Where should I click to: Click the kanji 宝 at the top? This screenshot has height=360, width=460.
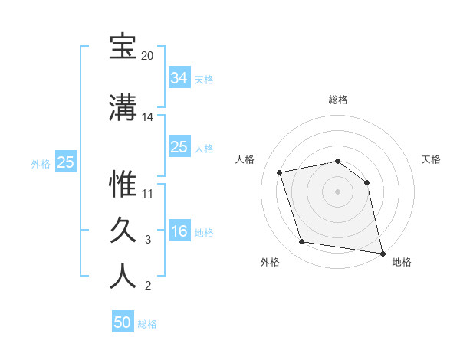pyautogui.click(x=123, y=47)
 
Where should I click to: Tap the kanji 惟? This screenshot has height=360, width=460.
pyautogui.click(x=123, y=185)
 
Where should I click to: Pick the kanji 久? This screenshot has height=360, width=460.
pyautogui.click(x=123, y=231)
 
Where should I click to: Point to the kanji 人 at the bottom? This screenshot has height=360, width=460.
pyautogui.click(x=123, y=277)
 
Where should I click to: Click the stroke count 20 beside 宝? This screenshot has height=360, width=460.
pyautogui.click(x=147, y=57)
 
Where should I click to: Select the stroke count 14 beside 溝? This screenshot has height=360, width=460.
pyautogui.click(x=147, y=118)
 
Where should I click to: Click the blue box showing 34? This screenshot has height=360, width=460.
pyautogui.click(x=179, y=77)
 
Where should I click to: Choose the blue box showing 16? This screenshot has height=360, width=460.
pyautogui.click(x=179, y=231)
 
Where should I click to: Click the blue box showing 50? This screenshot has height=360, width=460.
pyautogui.click(x=123, y=322)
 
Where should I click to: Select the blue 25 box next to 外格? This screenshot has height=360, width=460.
pyautogui.click(x=65, y=162)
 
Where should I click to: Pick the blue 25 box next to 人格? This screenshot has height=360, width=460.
pyautogui.click(x=179, y=146)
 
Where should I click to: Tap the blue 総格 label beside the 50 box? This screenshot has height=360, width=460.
pyautogui.click(x=147, y=324)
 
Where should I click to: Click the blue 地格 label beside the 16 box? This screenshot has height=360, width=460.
pyautogui.click(x=204, y=233)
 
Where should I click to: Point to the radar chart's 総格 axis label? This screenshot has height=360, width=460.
pyautogui.click(x=338, y=100)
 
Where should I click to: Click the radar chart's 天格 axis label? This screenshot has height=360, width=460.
pyautogui.click(x=432, y=159)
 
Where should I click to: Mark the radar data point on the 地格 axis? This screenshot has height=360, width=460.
pyautogui.click(x=382, y=252)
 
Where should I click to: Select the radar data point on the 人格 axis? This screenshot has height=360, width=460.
pyautogui.click(x=280, y=172)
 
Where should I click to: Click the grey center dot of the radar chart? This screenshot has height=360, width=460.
pyautogui.click(x=338, y=191)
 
